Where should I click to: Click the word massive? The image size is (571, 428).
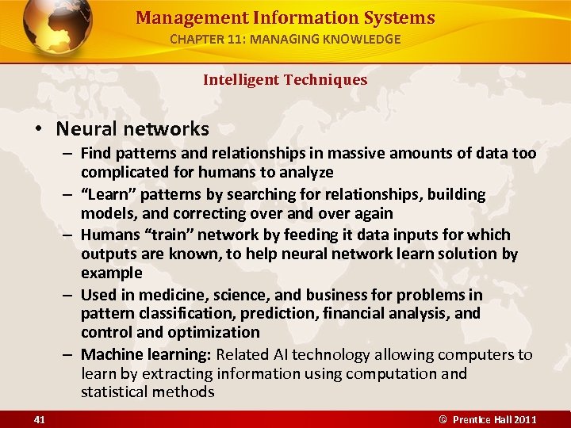tap(343, 153)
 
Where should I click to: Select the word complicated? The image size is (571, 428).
tap(122, 172)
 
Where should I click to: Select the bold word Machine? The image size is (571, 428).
tap(111, 354)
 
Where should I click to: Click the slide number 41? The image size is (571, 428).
tap(40, 418)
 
